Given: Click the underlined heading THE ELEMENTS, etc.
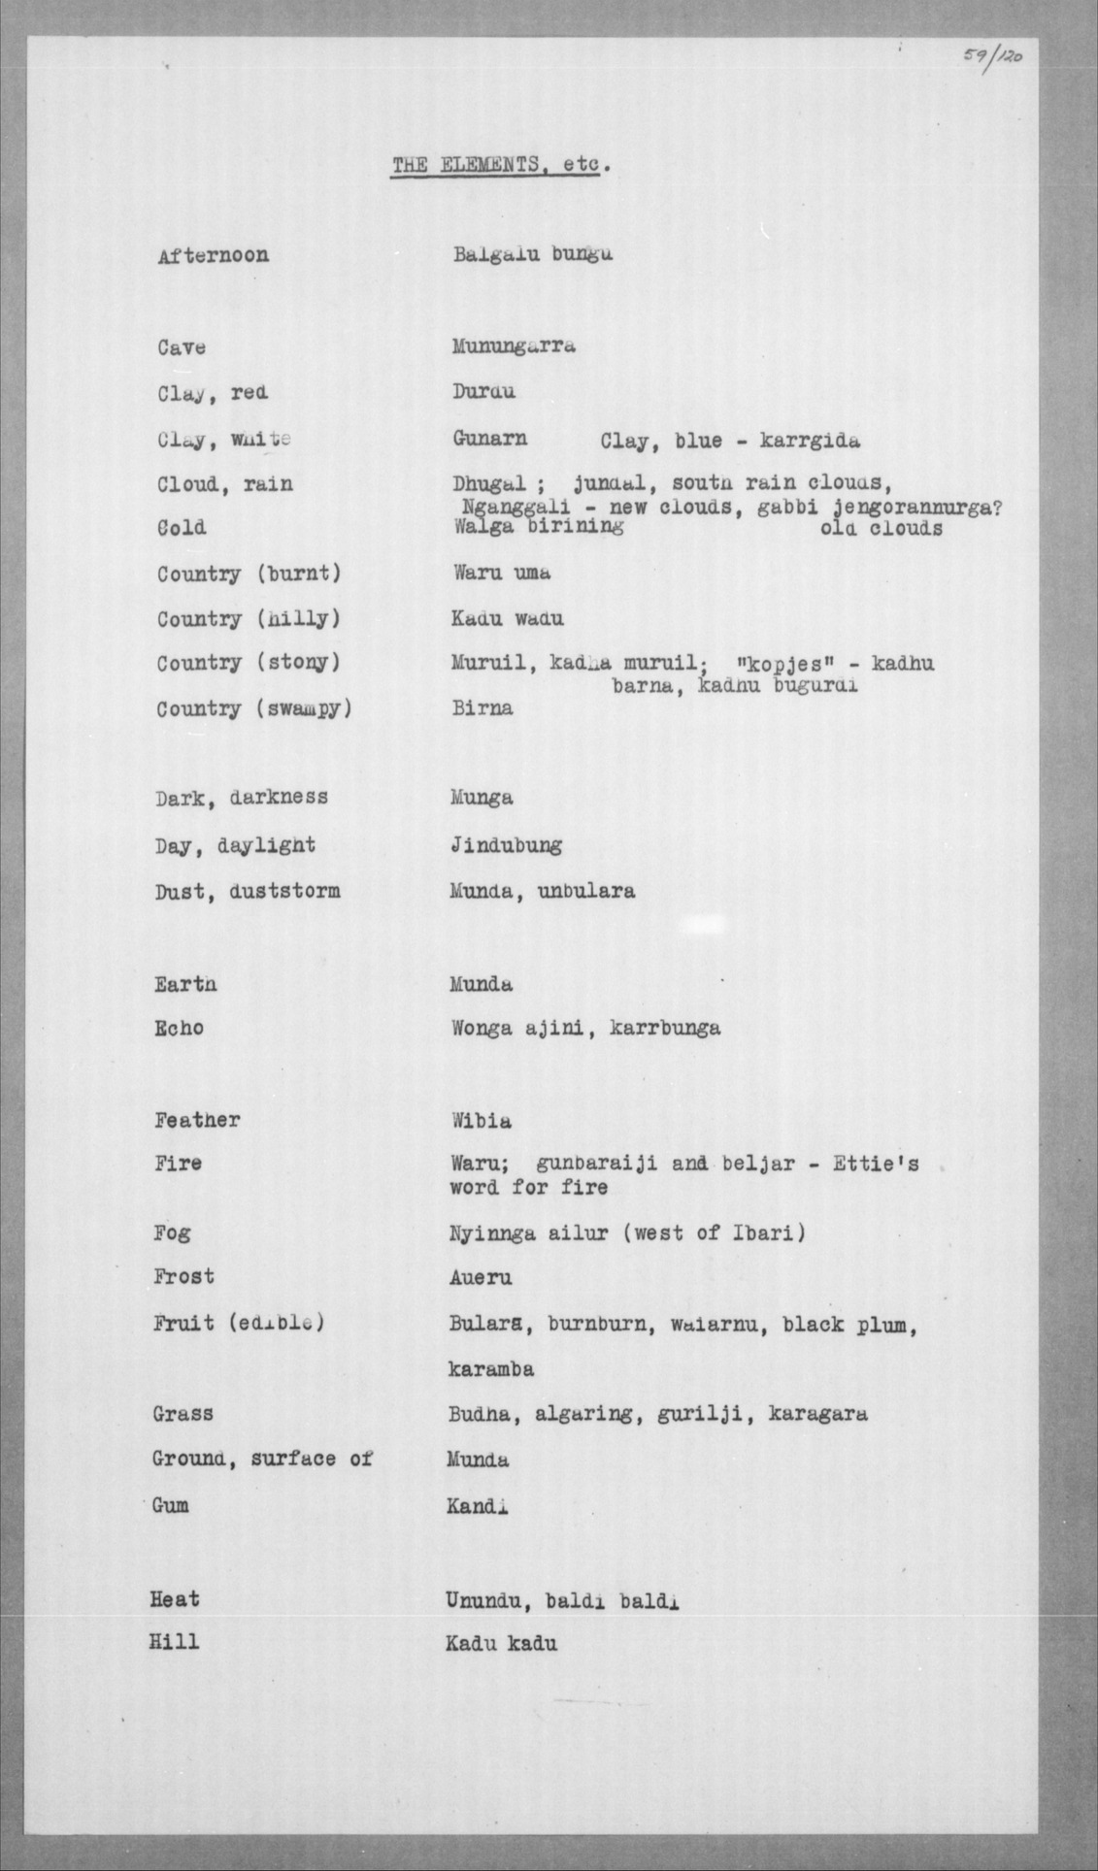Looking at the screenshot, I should (x=500, y=166).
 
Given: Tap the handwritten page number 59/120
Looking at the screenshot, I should (x=986, y=57).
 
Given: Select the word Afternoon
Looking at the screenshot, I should (x=213, y=256).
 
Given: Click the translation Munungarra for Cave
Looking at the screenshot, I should (x=514, y=346).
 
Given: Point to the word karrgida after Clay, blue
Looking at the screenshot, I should (x=811, y=442).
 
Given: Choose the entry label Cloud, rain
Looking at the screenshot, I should (x=224, y=483).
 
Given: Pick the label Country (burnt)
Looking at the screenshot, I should (x=249, y=574).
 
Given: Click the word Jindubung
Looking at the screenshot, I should (x=505, y=845).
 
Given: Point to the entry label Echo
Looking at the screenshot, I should (x=179, y=1029).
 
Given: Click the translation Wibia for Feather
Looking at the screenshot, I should (x=481, y=1121).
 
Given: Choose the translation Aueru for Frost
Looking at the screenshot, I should (x=480, y=1278).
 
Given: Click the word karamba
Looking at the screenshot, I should (x=490, y=1369).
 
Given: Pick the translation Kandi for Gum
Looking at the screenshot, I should (x=478, y=1506).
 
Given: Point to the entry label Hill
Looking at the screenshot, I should (x=174, y=1642).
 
